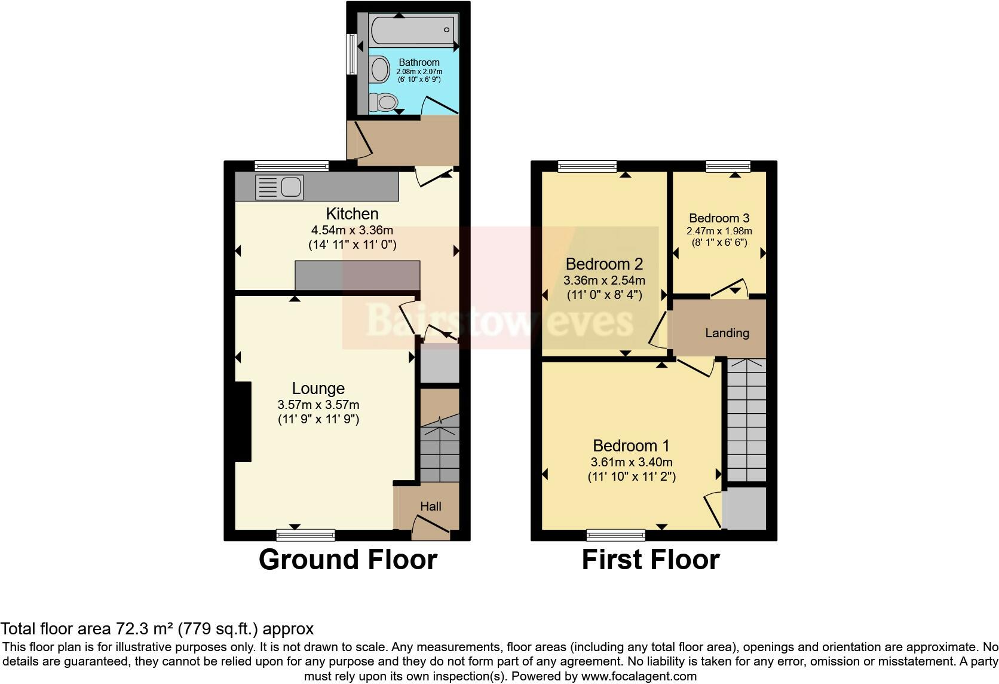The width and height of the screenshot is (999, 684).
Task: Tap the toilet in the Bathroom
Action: (x=384, y=102)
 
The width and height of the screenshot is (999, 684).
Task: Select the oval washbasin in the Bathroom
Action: (x=379, y=69)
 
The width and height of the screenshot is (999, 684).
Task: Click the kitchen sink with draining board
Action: (x=279, y=187)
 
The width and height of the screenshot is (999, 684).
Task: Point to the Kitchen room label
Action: (x=352, y=213)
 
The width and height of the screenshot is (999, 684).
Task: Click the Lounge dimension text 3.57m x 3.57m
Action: (x=318, y=405)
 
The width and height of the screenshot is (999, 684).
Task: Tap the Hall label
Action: (x=431, y=506)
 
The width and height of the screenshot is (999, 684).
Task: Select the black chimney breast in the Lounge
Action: (x=243, y=422)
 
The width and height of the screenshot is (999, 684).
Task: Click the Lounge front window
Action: (x=305, y=535)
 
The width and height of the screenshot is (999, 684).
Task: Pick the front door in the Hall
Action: (x=431, y=528)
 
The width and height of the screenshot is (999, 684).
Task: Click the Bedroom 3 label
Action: (x=719, y=218)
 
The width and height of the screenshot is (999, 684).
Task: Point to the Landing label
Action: (x=727, y=333)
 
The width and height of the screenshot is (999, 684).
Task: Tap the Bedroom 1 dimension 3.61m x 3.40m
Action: (x=632, y=462)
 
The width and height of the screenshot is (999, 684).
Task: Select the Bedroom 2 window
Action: (x=587, y=166)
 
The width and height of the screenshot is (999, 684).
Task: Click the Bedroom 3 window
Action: (x=728, y=166)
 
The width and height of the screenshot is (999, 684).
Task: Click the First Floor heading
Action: (x=651, y=560)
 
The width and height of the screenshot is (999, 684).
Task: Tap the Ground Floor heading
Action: (x=348, y=560)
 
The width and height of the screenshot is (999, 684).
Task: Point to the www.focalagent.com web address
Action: (x=638, y=676)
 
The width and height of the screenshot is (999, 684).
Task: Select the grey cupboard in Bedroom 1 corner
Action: (x=744, y=508)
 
